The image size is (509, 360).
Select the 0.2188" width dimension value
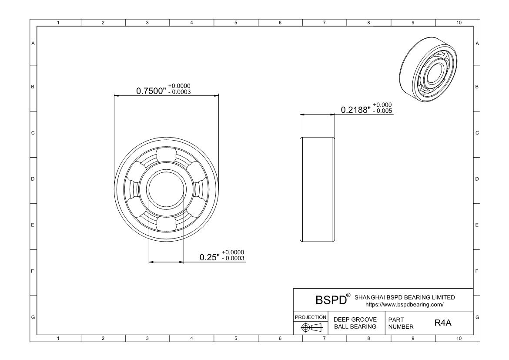[x=355, y=110]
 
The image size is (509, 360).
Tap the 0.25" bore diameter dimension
[x=210, y=257]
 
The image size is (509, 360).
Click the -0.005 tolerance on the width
[x=382, y=111]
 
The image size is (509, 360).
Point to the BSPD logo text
[x=331, y=300]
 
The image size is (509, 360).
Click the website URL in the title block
[x=405, y=305]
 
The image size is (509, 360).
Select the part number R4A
[x=443, y=323]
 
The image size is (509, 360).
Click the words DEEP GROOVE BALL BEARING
[x=355, y=323]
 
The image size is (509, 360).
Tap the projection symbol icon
[x=311, y=327]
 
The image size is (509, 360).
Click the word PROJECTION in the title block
[x=310, y=317]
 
